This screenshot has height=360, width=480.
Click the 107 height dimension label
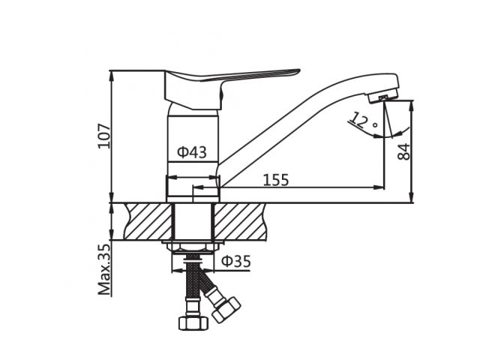click(104, 136)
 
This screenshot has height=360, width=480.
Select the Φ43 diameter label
click(192, 152)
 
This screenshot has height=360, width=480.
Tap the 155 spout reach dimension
click(276, 180)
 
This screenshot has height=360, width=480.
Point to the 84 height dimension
click(403, 151)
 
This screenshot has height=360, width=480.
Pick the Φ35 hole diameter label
click(235, 261)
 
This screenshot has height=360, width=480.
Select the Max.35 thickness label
click(104, 268)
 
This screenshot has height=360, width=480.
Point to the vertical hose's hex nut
click(191, 322)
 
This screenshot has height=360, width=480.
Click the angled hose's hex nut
click(225, 309)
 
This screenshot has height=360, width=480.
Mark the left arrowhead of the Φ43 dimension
click(169, 178)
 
